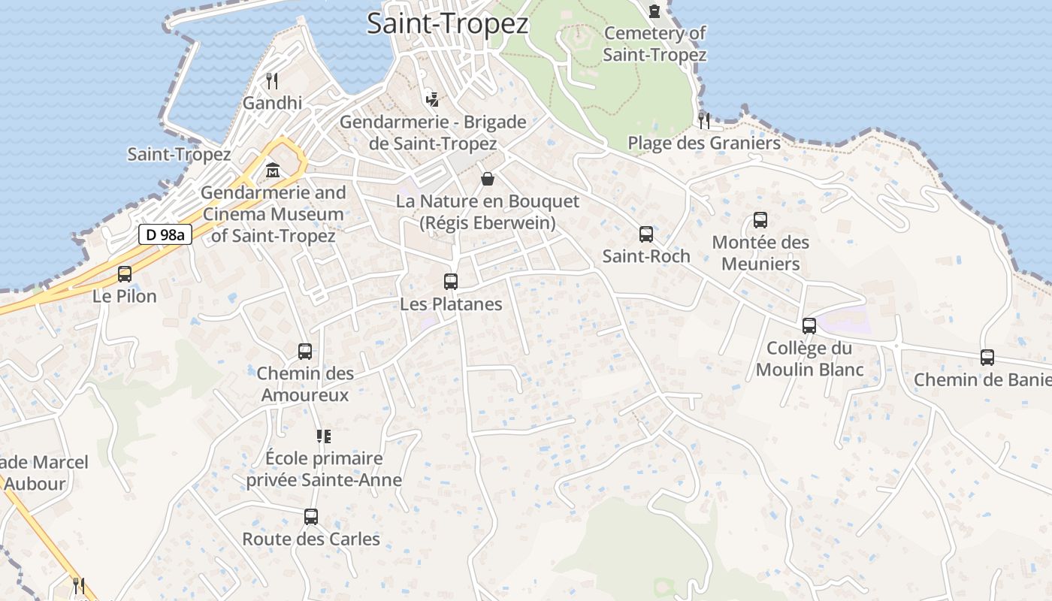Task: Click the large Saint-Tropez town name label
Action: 448,23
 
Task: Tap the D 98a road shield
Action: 165,234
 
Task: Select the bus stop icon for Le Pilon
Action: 125,274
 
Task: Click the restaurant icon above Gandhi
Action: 272,80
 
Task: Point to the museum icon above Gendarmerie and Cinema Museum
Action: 272,171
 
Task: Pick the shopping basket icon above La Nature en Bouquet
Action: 488,179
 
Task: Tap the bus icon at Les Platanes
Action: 451,282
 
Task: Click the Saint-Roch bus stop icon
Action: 646,234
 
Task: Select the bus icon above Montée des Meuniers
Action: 760,220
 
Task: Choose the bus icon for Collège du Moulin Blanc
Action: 809,326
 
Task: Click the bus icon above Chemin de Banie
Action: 987,358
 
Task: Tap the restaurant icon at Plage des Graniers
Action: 704,119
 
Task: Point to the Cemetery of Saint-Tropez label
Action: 654,44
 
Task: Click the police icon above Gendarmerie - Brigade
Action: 432,98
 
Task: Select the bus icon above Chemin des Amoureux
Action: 305,351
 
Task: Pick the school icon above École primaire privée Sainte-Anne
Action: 324,436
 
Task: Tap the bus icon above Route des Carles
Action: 311,517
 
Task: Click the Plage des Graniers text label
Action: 704,143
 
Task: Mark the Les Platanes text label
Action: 451,304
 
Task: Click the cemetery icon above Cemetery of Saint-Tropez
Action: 654,11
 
